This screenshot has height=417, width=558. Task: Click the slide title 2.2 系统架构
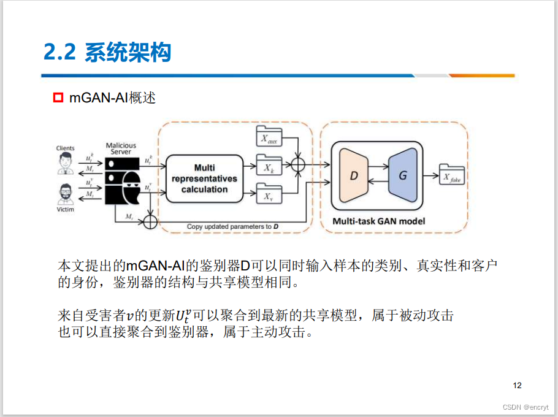(x=107, y=53)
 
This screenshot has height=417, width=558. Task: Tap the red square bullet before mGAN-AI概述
(x=58, y=98)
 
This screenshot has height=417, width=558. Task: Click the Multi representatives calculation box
(x=204, y=178)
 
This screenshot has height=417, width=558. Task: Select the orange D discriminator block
(x=354, y=175)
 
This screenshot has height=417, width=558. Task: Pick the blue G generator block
(x=402, y=175)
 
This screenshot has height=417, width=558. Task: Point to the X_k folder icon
(x=269, y=166)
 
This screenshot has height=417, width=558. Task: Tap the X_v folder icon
(x=269, y=195)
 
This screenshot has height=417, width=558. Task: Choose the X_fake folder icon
(x=452, y=177)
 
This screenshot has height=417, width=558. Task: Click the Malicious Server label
(x=121, y=149)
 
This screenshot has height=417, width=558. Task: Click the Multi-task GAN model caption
(x=378, y=221)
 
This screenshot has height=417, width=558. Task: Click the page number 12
(x=517, y=386)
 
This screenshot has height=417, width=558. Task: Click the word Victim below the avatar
(x=65, y=209)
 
